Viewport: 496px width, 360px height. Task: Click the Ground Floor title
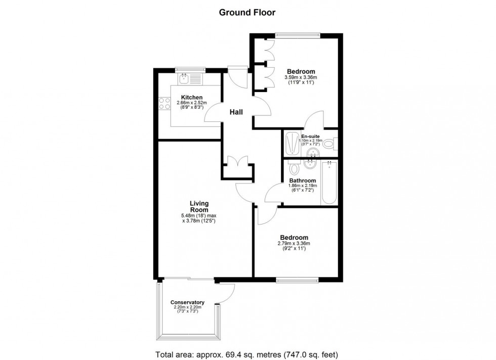247,13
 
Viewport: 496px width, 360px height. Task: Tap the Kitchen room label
192,98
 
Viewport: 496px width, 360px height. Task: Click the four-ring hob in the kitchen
164,104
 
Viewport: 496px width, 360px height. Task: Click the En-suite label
310,137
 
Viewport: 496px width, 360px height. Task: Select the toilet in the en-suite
329,144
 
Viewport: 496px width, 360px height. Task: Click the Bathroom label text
303,181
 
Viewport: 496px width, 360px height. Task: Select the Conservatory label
187,302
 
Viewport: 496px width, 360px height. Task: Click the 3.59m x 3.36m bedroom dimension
301,77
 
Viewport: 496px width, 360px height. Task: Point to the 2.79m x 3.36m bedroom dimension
294,244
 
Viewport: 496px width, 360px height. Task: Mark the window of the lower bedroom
297,279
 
